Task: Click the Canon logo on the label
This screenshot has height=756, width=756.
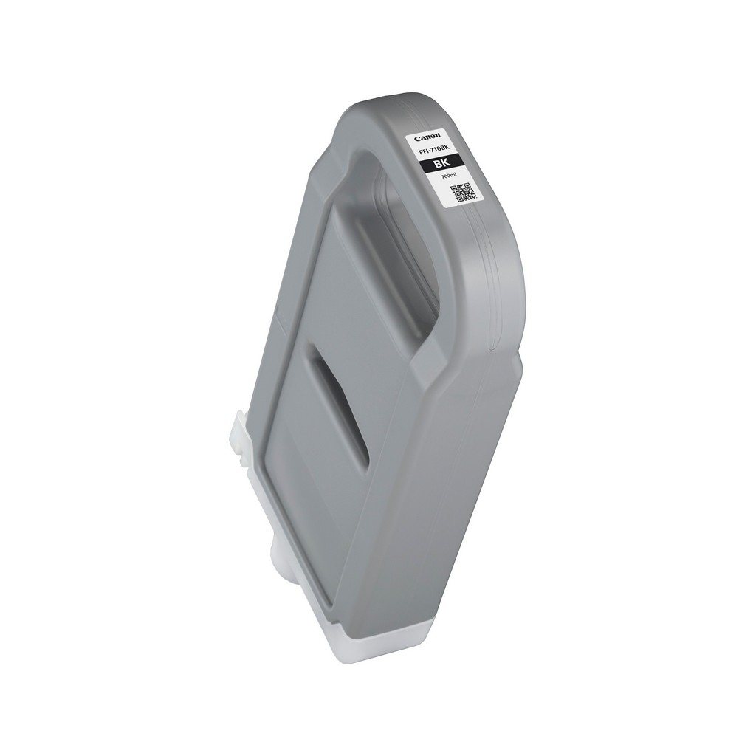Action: coord(427,137)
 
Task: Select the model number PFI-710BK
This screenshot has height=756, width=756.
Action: coord(434,150)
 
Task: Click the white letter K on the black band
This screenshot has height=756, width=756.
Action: coord(446,162)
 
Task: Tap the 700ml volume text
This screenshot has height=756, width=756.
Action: coord(449,176)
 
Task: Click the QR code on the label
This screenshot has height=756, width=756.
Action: coord(463,193)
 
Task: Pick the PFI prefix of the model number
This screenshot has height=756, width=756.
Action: coord(423,152)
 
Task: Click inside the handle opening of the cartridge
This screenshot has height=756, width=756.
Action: coord(402,251)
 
